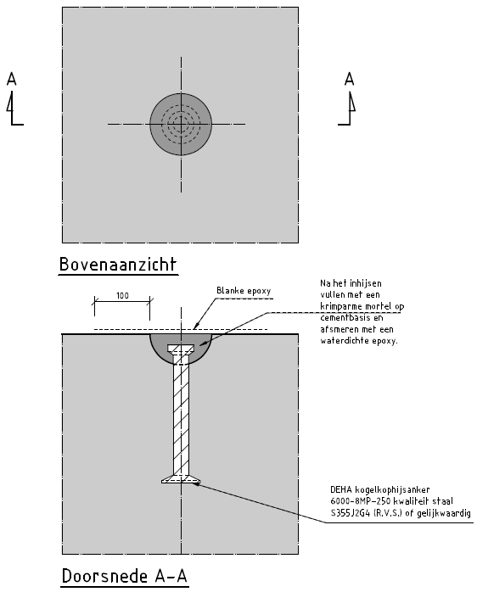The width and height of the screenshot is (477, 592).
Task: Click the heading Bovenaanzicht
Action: coord(117,264)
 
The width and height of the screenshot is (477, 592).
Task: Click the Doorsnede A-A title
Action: coord(125,576)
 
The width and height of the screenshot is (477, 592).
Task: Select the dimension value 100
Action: coord(122,296)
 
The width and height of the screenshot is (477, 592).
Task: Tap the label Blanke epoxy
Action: coord(244,291)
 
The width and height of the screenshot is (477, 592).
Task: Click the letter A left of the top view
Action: coord(12,79)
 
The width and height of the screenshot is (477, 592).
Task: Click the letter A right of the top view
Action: coord(349,79)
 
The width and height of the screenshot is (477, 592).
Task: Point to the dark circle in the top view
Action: coord(181,124)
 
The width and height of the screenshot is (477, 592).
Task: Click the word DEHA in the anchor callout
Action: coord(341,489)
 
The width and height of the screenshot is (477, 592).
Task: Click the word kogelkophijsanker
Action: coord(392,489)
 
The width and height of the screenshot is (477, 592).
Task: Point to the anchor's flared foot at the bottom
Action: coord(181,479)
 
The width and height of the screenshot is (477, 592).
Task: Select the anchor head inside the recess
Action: coord(181,349)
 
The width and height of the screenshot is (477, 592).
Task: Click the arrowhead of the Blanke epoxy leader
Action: coord(196,326)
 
